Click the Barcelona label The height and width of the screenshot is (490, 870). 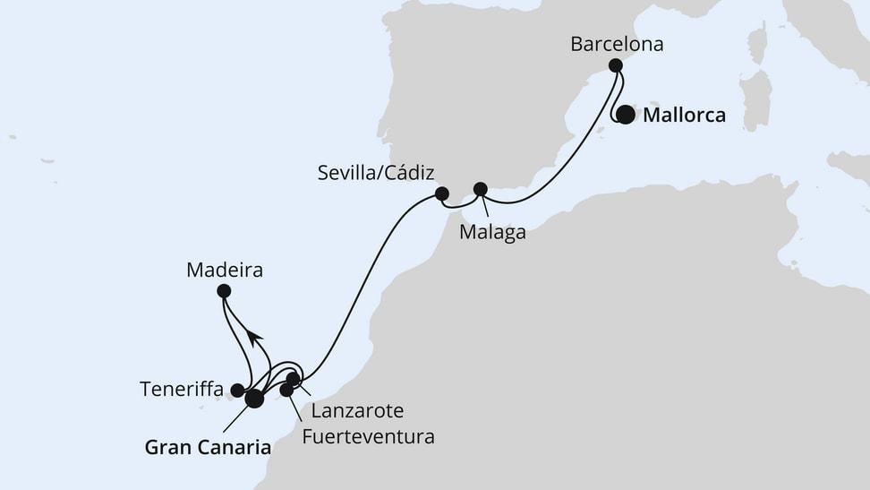click(617, 44)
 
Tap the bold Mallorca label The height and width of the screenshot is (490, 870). click(684, 116)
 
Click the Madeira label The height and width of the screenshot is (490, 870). click(225, 269)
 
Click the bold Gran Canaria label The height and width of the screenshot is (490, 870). click(208, 446)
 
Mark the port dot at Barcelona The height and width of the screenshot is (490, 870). click(616, 65)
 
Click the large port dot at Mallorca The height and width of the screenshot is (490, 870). click(627, 116)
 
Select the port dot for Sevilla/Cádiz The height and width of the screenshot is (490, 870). click(441, 193)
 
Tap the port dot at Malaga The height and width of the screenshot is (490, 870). click(480, 189)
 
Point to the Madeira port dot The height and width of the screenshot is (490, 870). click(224, 290)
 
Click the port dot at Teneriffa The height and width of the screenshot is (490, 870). click(237, 390)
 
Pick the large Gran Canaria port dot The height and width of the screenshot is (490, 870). click(255, 398)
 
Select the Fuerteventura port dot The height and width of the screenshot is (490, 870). click(286, 390)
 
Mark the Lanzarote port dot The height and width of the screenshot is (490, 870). click(293, 379)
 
